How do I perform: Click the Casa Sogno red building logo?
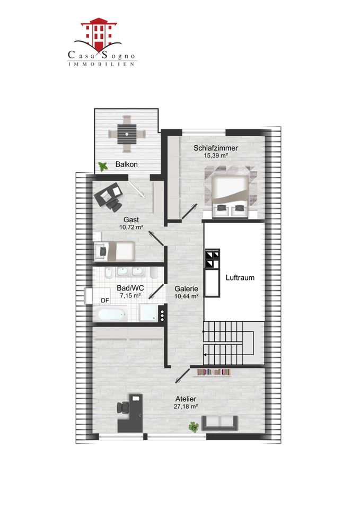tap(99, 34)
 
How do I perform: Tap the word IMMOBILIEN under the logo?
tap(102, 64)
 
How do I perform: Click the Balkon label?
tap(126, 164)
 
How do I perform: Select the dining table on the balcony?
tap(127, 134)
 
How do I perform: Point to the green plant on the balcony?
tap(103, 166)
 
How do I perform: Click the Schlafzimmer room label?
tap(216, 148)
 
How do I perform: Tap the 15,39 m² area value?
tap(216, 155)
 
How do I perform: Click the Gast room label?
tap(131, 220)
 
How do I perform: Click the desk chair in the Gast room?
tap(114, 205)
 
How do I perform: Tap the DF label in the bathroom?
tap(105, 301)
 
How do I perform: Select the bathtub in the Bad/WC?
tap(112, 314)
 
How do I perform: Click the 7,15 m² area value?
tap(130, 296)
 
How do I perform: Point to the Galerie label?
tap(186, 288)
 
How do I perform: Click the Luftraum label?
tap(240, 277)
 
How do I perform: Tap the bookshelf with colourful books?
tap(214, 372)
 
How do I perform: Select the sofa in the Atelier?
tap(220, 423)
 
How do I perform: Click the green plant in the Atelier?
tap(194, 427)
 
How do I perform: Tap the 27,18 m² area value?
tap(186, 407)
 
